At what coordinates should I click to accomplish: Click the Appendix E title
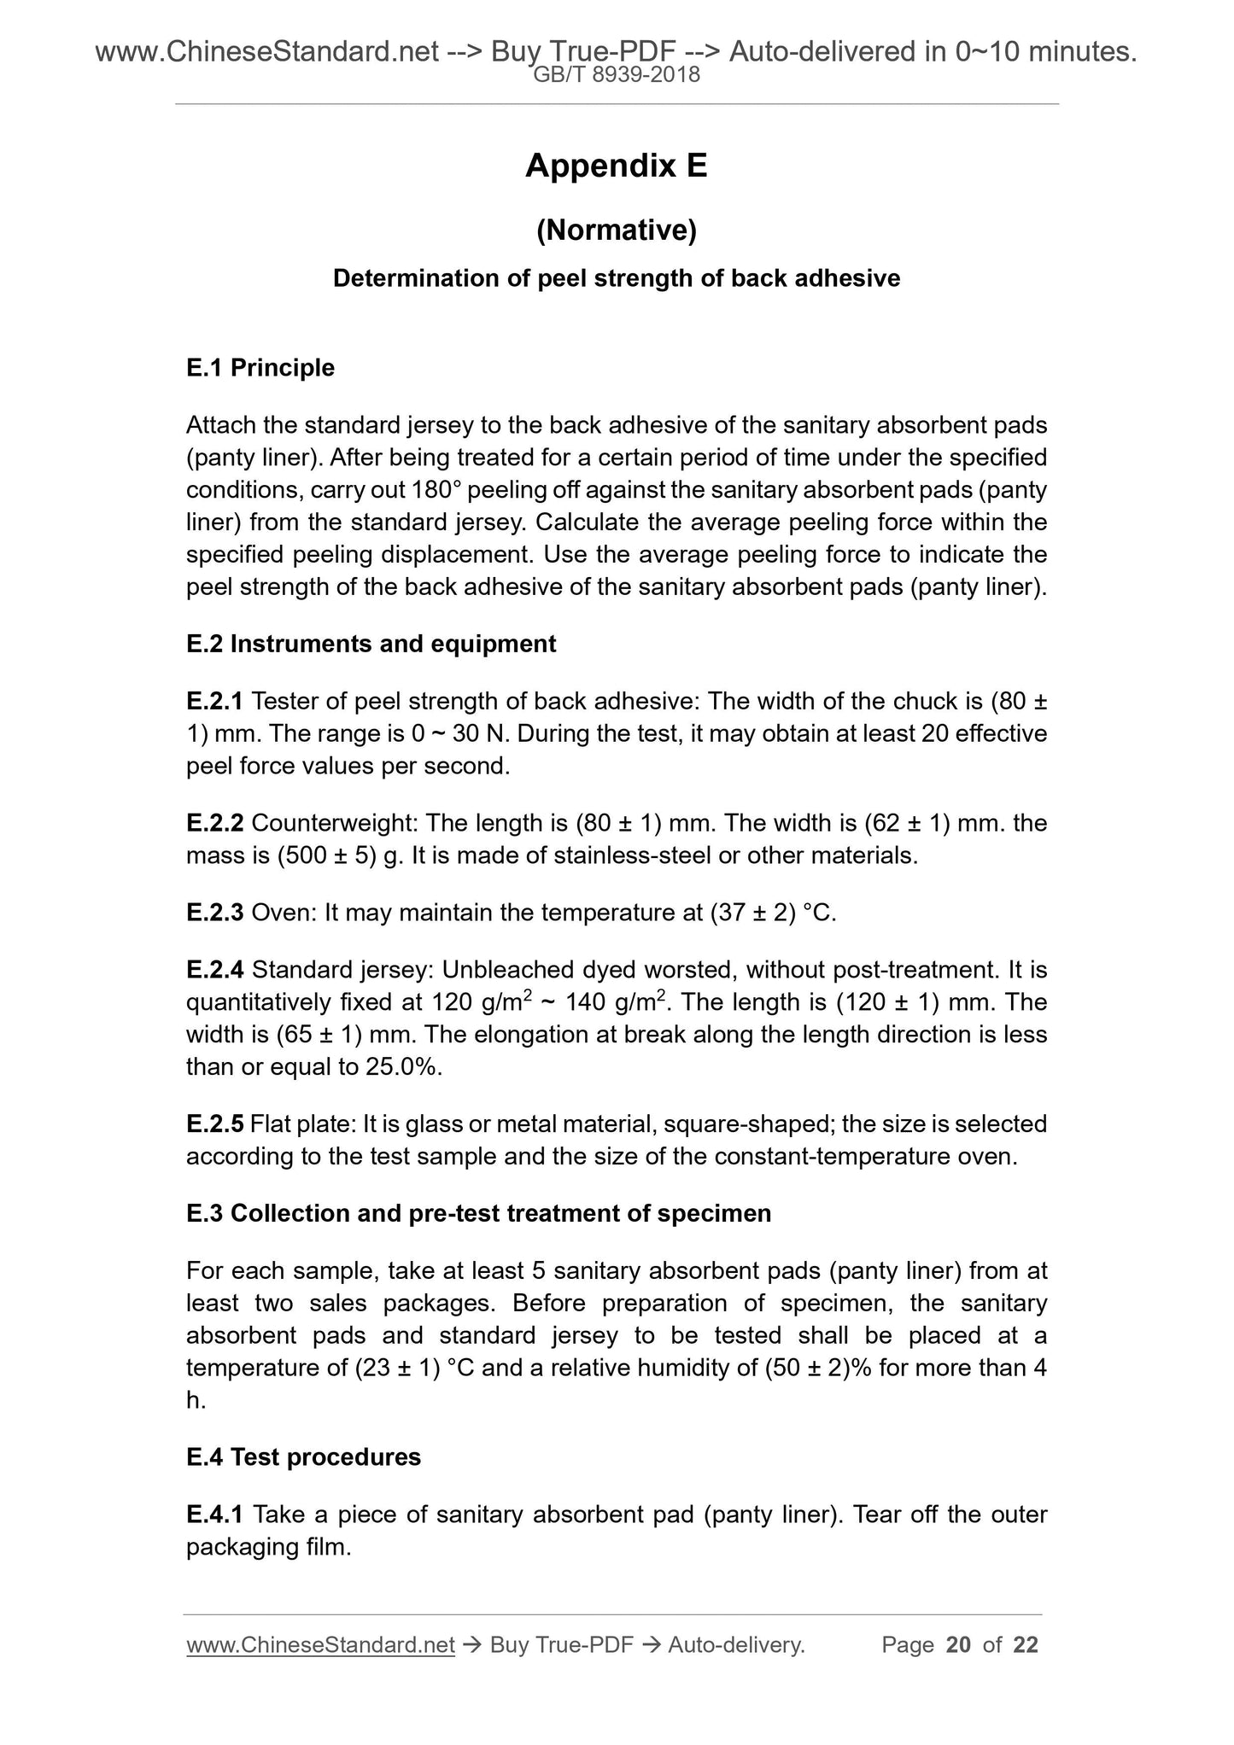coord(616,166)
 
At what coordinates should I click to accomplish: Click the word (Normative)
coord(616,231)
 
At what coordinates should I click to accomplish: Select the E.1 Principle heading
coord(260,368)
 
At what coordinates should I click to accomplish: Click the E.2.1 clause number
coord(214,702)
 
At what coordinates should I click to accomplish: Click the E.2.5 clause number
coord(214,1124)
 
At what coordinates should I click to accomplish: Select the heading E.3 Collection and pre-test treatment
coord(478,1213)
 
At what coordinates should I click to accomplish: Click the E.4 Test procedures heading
coord(303,1456)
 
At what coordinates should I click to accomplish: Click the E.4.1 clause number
coord(214,1514)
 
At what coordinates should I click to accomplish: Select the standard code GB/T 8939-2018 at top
coord(616,75)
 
